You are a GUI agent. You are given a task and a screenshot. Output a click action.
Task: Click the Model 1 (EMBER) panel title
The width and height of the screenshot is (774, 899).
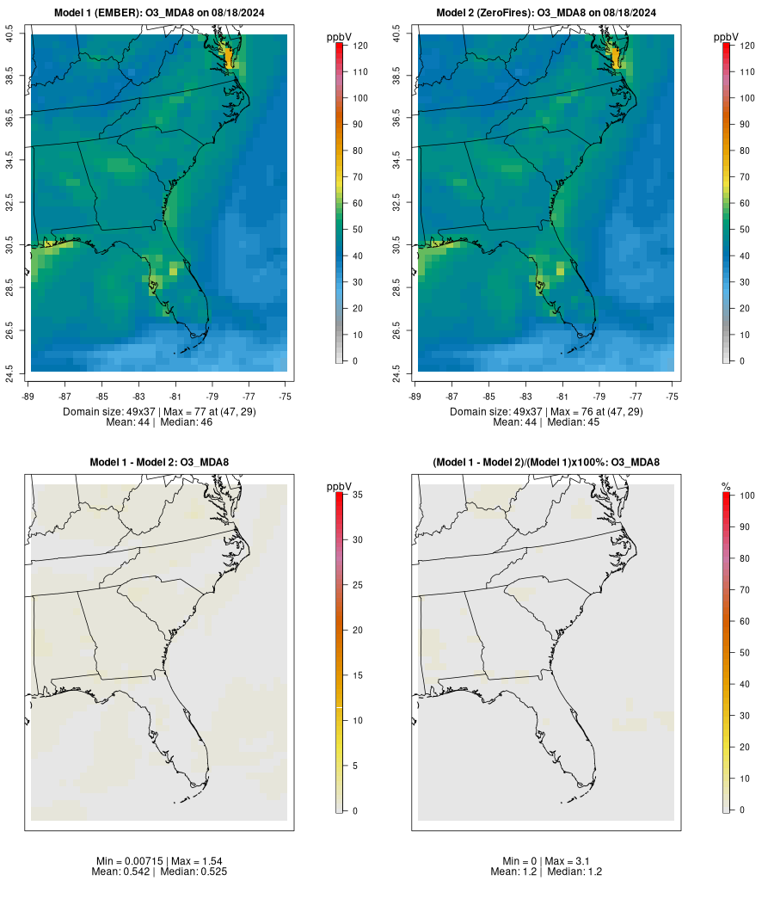click(159, 13)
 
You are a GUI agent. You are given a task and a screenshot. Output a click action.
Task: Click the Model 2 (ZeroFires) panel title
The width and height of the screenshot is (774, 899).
click(546, 13)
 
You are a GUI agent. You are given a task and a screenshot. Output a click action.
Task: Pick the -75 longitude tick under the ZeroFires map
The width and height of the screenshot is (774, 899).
click(673, 397)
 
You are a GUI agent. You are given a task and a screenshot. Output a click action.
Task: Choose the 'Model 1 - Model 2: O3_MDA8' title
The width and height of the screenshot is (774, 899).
click(159, 463)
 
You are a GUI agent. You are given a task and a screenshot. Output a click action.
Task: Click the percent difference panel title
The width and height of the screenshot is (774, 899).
click(546, 463)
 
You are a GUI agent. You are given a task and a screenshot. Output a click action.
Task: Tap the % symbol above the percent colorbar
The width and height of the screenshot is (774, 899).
click(727, 487)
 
